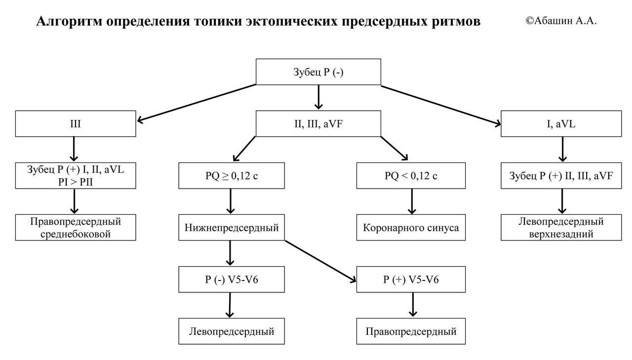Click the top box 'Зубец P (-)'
point(318,72)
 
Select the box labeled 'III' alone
point(75,123)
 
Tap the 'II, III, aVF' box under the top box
point(318,123)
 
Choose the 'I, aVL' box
point(561,123)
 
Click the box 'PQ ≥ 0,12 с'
point(231,175)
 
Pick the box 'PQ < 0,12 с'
point(411,175)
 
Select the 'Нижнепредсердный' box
point(231,228)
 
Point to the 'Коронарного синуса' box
point(411,228)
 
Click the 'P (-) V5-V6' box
point(231,280)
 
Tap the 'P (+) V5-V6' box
point(411,280)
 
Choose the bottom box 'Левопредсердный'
point(231,331)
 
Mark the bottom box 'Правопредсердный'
point(411,331)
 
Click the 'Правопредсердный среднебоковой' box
point(75,228)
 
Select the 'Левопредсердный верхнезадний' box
point(561,228)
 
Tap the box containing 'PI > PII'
point(75,175)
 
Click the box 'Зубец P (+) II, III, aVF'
point(561,175)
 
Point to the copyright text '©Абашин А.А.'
point(561,21)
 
